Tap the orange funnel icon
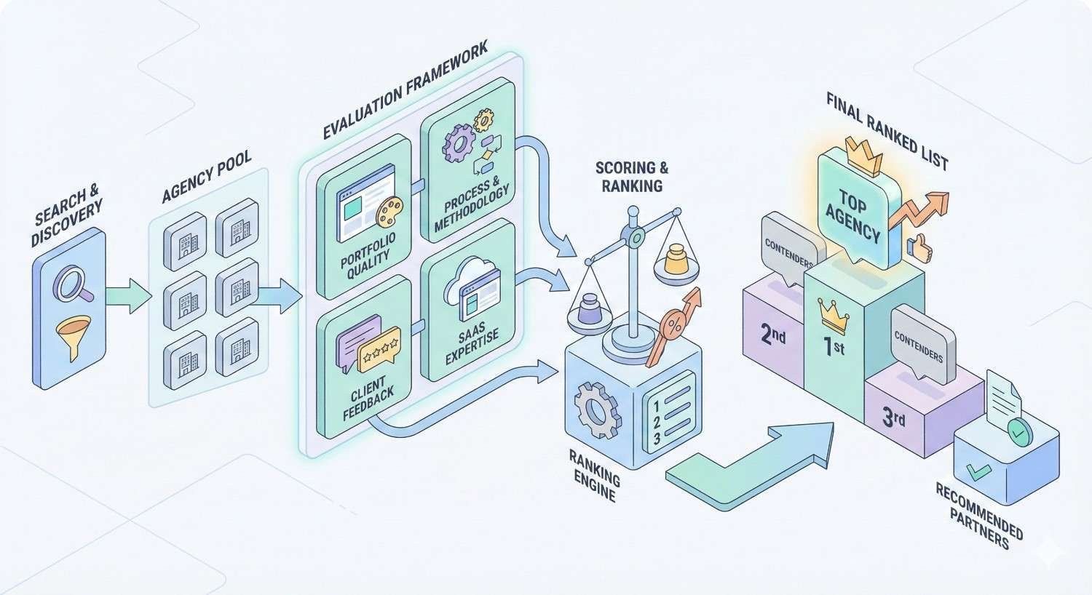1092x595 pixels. (73, 338)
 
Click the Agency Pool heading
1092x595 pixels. (207, 177)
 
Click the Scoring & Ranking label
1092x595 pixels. (631, 177)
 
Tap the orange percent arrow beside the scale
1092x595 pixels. (679, 324)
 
